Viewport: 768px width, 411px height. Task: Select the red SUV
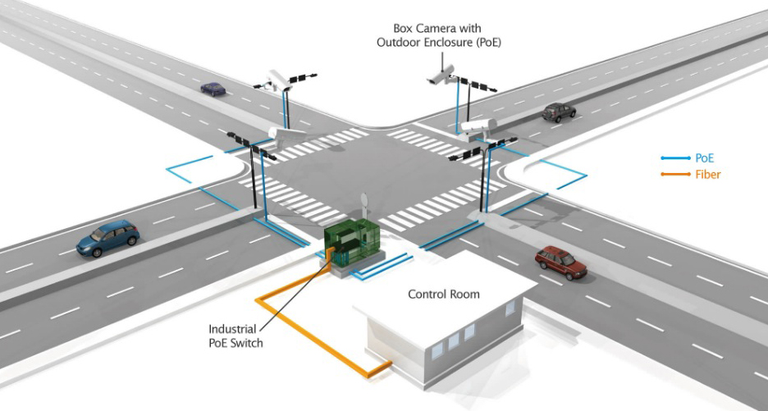point(561,262)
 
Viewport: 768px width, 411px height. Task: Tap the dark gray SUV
point(559,112)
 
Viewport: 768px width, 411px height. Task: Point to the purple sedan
point(213,87)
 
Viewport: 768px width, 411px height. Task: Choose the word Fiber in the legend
point(708,174)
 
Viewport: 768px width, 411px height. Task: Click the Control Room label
point(444,294)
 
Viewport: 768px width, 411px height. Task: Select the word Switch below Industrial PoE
point(247,343)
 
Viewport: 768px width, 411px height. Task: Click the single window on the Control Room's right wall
point(510,308)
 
